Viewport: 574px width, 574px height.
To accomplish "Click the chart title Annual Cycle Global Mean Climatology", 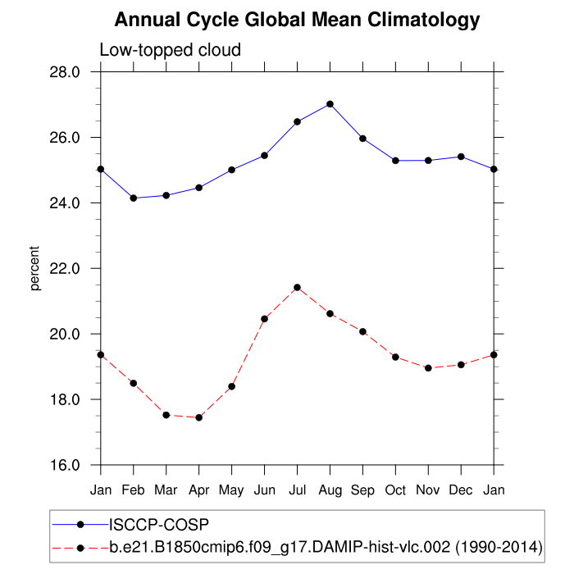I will [x=297, y=20].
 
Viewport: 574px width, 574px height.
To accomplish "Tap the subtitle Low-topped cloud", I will [x=170, y=50].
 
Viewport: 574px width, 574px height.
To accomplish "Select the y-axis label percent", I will [x=35, y=269].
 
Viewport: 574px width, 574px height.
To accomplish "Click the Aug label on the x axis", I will [x=330, y=490].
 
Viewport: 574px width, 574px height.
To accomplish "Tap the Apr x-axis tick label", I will [x=198, y=490].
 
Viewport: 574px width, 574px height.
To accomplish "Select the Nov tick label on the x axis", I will [x=428, y=490].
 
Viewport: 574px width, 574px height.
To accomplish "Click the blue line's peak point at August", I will [x=330, y=104].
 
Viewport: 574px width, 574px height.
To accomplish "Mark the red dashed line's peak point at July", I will [x=297, y=288].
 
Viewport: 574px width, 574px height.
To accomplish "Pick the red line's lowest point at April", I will [x=198, y=417].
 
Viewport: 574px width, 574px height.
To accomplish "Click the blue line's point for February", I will [x=133, y=198].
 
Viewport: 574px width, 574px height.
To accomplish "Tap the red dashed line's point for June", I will [x=264, y=319].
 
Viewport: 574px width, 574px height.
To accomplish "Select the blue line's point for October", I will [x=395, y=161].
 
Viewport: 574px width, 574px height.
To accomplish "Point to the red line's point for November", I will [x=428, y=368].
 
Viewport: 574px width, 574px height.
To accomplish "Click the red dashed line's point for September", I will [x=362, y=331].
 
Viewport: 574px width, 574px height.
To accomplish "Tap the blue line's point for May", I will [x=231, y=170].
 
